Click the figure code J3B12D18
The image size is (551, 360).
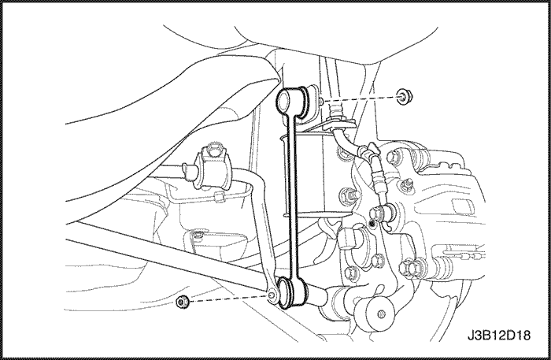pos(498,335)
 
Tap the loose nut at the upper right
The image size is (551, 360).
pos(404,97)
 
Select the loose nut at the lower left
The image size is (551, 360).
pos(183,301)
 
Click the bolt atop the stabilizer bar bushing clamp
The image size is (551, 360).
pos(214,150)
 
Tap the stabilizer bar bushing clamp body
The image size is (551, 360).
pos(212,169)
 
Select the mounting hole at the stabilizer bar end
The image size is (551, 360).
pos(272,296)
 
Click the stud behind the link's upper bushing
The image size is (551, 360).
pos(321,101)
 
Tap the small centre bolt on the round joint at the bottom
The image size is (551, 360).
pos(380,314)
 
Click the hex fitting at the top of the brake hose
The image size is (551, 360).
pos(335,110)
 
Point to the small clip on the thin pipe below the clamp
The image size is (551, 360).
pos(220,197)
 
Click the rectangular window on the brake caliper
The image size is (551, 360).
pos(460,206)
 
